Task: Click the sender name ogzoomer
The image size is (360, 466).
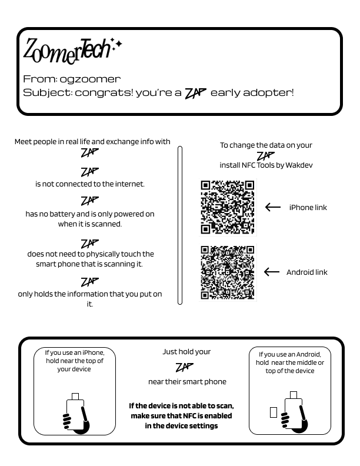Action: pyautogui.click(x=90, y=79)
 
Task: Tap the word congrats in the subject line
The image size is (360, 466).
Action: pyautogui.click(x=103, y=93)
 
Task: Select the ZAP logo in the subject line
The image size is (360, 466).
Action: pyautogui.click(x=196, y=93)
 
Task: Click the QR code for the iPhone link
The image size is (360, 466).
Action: pyautogui.click(x=228, y=207)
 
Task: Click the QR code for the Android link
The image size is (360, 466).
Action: pyautogui.click(x=228, y=272)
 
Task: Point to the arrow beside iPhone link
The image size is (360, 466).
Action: pyautogui.click(x=272, y=207)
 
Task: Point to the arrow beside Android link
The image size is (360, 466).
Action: pyautogui.click(x=272, y=272)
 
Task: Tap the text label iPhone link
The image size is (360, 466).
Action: pyautogui.click(x=308, y=207)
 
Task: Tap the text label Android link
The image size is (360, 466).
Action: pyautogui.click(x=306, y=272)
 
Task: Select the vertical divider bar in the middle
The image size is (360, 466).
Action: pyautogui.click(x=180, y=225)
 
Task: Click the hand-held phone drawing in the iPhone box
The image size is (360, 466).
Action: pyautogui.click(x=76, y=414)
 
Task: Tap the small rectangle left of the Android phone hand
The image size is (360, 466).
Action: pyautogui.click(x=274, y=412)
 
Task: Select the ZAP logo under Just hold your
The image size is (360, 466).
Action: pyautogui.click(x=185, y=368)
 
